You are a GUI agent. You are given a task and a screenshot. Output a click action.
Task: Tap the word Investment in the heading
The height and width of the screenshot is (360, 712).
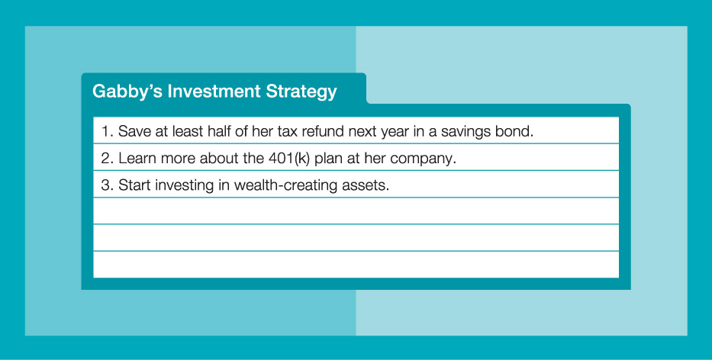pos(214,91)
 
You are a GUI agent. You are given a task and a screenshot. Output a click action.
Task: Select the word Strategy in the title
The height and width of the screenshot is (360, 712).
pos(301,92)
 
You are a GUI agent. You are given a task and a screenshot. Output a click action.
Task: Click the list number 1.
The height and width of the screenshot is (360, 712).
pos(106,131)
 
